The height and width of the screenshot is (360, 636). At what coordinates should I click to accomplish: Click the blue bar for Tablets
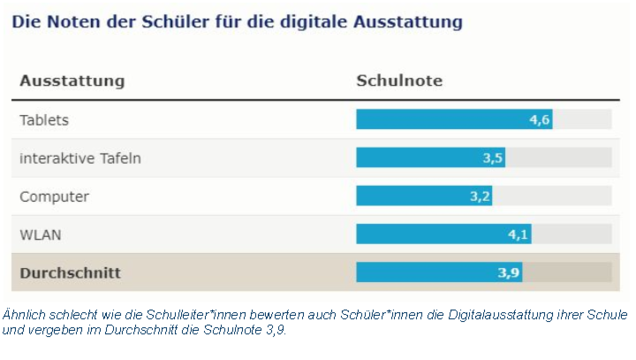(x=454, y=119)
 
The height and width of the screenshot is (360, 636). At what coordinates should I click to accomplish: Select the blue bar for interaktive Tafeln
(x=431, y=157)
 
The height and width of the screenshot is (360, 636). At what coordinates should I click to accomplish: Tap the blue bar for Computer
(x=424, y=196)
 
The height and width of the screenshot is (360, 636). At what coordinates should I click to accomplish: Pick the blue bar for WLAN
(x=444, y=234)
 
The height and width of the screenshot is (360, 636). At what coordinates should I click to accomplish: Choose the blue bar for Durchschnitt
(x=439, y=272)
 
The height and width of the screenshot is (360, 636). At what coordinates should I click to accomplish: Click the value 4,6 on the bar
(x=539, y=120)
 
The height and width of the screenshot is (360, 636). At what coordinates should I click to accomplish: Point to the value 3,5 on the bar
(x=493, y=158)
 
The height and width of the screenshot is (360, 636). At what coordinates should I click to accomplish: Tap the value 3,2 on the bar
(x=480, y=197)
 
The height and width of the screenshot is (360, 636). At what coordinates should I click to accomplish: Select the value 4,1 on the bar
(x=518, y=235)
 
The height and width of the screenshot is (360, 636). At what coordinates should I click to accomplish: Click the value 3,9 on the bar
(x=509, y=273)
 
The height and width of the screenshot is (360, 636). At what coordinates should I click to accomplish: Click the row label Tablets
(x=44, y=120)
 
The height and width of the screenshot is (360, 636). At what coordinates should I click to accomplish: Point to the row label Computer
(x=54, y=197)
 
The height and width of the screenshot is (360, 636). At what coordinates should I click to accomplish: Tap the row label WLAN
(x=41, y=235)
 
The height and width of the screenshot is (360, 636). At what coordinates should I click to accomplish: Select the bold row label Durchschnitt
(x=70, y=273)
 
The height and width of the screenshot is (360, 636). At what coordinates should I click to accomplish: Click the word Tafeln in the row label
(x=120, y=158)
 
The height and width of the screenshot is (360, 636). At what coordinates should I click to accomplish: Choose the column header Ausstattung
(x=72, y=81)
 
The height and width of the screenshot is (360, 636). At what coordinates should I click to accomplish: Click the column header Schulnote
(x=400, y=81)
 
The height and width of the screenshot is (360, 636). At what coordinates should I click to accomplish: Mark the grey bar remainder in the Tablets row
(x=582, y=119)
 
